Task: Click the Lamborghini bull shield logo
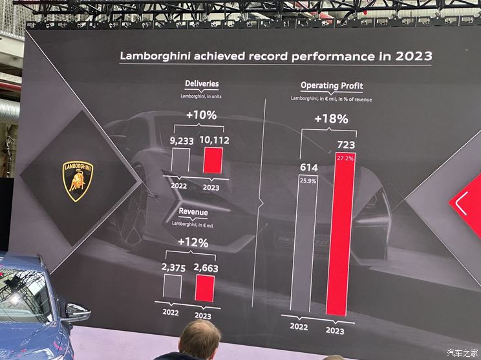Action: point(78,180)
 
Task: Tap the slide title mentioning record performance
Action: point(276,56)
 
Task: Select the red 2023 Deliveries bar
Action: point(213,160)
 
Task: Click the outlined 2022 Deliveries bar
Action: point(180,160)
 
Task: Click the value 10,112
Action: point(214,139)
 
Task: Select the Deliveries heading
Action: point(202,83)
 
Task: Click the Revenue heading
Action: point(193,211)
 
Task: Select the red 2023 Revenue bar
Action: point(204,288)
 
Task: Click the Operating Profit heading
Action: point(332,85)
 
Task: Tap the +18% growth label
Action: point(331,119)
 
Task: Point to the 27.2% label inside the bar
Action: point(345,158)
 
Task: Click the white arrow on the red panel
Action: point(462,205)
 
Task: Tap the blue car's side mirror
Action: point(76,313)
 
